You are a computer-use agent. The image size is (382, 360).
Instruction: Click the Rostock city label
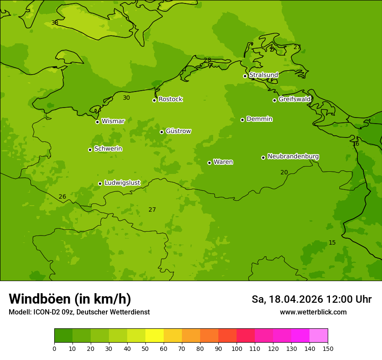170,99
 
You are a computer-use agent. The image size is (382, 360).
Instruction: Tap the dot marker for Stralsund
245,76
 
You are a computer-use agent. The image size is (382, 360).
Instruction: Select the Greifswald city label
294,99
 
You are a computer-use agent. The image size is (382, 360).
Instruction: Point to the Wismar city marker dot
97,122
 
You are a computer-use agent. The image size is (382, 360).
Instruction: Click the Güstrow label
178,131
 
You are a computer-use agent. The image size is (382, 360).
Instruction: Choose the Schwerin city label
108,149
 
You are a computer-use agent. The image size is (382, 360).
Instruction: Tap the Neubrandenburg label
293,157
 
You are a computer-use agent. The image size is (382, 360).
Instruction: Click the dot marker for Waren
209,163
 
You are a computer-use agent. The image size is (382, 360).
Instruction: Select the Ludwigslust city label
122,183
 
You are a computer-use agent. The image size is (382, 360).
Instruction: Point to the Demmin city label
259,119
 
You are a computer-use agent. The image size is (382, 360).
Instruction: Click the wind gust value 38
55,23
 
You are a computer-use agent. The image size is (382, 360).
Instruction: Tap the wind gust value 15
332,243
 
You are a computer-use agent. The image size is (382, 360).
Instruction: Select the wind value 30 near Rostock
126,98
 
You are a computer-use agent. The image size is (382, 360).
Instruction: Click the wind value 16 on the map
356,144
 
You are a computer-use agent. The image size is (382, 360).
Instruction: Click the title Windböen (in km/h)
70,299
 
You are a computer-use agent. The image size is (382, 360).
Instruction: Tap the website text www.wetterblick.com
313,312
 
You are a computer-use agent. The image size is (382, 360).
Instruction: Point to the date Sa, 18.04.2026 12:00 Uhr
311,299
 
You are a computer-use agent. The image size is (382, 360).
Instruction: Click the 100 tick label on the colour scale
237,348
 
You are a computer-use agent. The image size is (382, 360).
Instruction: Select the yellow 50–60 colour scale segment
155,336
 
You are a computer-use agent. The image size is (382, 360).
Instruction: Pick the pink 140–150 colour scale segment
319,336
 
